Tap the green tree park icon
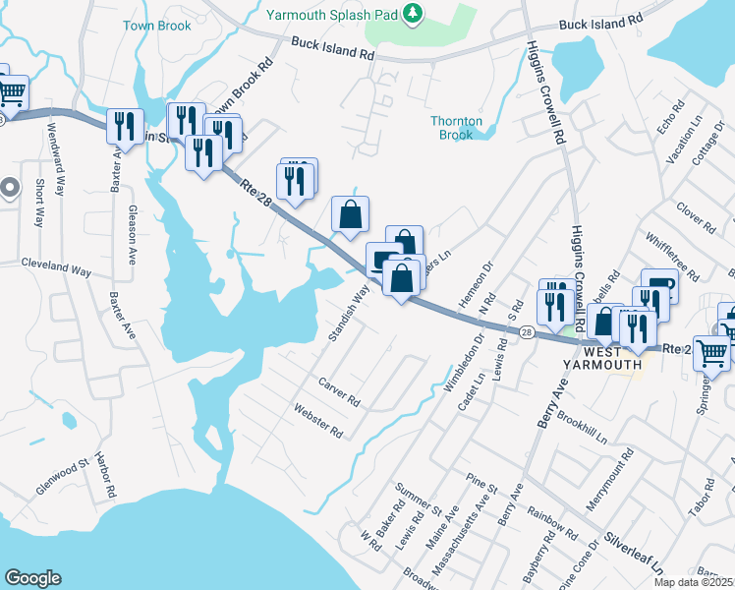click(x=414, y=12)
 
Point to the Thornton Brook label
click(x=457, y=128)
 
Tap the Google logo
click(x=33, y=578)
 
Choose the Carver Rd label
click(x=339, y=390)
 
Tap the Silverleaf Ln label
click(x=634, y=556)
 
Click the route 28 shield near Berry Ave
click(x=527, y=334)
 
